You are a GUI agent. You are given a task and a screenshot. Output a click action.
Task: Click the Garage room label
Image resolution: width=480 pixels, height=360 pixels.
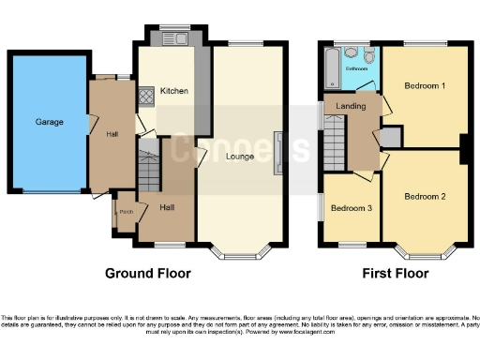(49, 122)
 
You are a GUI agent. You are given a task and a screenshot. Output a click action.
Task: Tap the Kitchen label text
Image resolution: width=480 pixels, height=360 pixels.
(173, 91)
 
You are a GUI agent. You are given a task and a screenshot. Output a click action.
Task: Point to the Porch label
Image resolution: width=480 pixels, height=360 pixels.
(126, 212)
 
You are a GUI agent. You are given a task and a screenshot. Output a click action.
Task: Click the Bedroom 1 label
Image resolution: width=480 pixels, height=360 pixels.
(424, 85)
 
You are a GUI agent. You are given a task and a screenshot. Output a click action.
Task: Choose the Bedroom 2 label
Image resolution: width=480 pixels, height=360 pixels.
(424, 196)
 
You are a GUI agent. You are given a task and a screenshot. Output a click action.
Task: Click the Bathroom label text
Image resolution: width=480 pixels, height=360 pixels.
(356, 68)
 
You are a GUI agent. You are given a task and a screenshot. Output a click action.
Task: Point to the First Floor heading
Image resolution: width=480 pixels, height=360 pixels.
(395, 274)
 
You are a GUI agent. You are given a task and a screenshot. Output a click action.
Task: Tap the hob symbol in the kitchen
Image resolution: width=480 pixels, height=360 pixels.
(146, 95)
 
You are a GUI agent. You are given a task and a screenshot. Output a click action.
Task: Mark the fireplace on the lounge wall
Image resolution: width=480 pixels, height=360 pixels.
(277, 153)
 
